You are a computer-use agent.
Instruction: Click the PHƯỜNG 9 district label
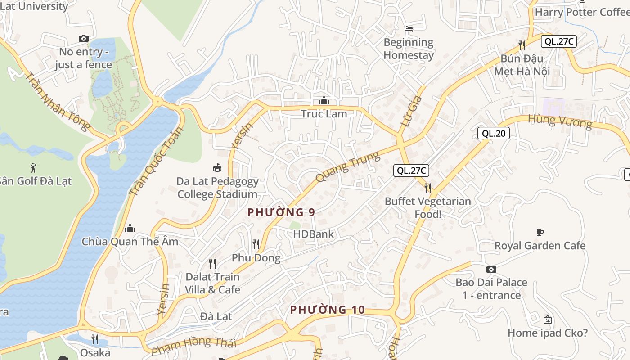pyautogui.click(x=281, y=212)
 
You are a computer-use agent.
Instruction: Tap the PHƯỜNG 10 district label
pyautogui.click(x=327, y=310)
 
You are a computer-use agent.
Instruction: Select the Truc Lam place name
pyautogui.click(x=324, y=114)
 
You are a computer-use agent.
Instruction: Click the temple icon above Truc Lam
pyautogui.click(x=324, y=100)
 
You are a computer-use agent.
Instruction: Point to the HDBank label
pyautogui.click(x=314, y=234)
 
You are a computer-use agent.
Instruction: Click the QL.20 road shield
pyautogui.click(x=493, y=133)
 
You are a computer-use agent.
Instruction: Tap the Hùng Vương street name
pyautogui.click(x=560, y=121)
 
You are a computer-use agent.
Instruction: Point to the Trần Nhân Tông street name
pyautogui.click(x=57, y=101)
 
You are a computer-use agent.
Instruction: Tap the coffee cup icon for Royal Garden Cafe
pyautogui.click(x=540, y=232)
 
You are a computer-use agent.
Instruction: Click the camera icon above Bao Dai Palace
pyautogui.click(x=491, y=269)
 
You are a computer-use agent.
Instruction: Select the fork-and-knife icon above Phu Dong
pyautogui.click(x=256, y=244)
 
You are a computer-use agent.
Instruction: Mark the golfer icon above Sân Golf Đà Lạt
pyautogui.click(x=33, y=168)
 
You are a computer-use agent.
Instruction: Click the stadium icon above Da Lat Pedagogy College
pyautogui.click(x=217, y=168)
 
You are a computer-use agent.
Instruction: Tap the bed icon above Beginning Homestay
pyautogui.click(x=409, y=29)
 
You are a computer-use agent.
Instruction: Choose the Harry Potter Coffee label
pyautogui.click(x=582, y=12)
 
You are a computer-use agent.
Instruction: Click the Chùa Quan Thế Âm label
pyautogui.click(x=130, y=242)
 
